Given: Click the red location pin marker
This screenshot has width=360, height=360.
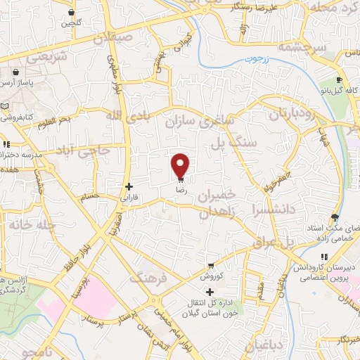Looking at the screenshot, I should tap(181, 166).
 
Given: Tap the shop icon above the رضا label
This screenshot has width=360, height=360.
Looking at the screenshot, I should tap(181, 180).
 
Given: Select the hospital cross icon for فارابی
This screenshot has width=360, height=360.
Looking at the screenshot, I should tap(129, 187).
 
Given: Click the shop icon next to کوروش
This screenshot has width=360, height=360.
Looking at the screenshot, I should tap(210, 266).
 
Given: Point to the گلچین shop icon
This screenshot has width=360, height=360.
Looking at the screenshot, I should tap(72, 13).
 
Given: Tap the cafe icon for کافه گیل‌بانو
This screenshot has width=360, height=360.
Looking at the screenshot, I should tap(339, 81).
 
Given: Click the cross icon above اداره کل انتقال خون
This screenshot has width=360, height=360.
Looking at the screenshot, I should tap(210, 291).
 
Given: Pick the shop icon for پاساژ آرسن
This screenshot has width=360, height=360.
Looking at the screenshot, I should tap(15, 72).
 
